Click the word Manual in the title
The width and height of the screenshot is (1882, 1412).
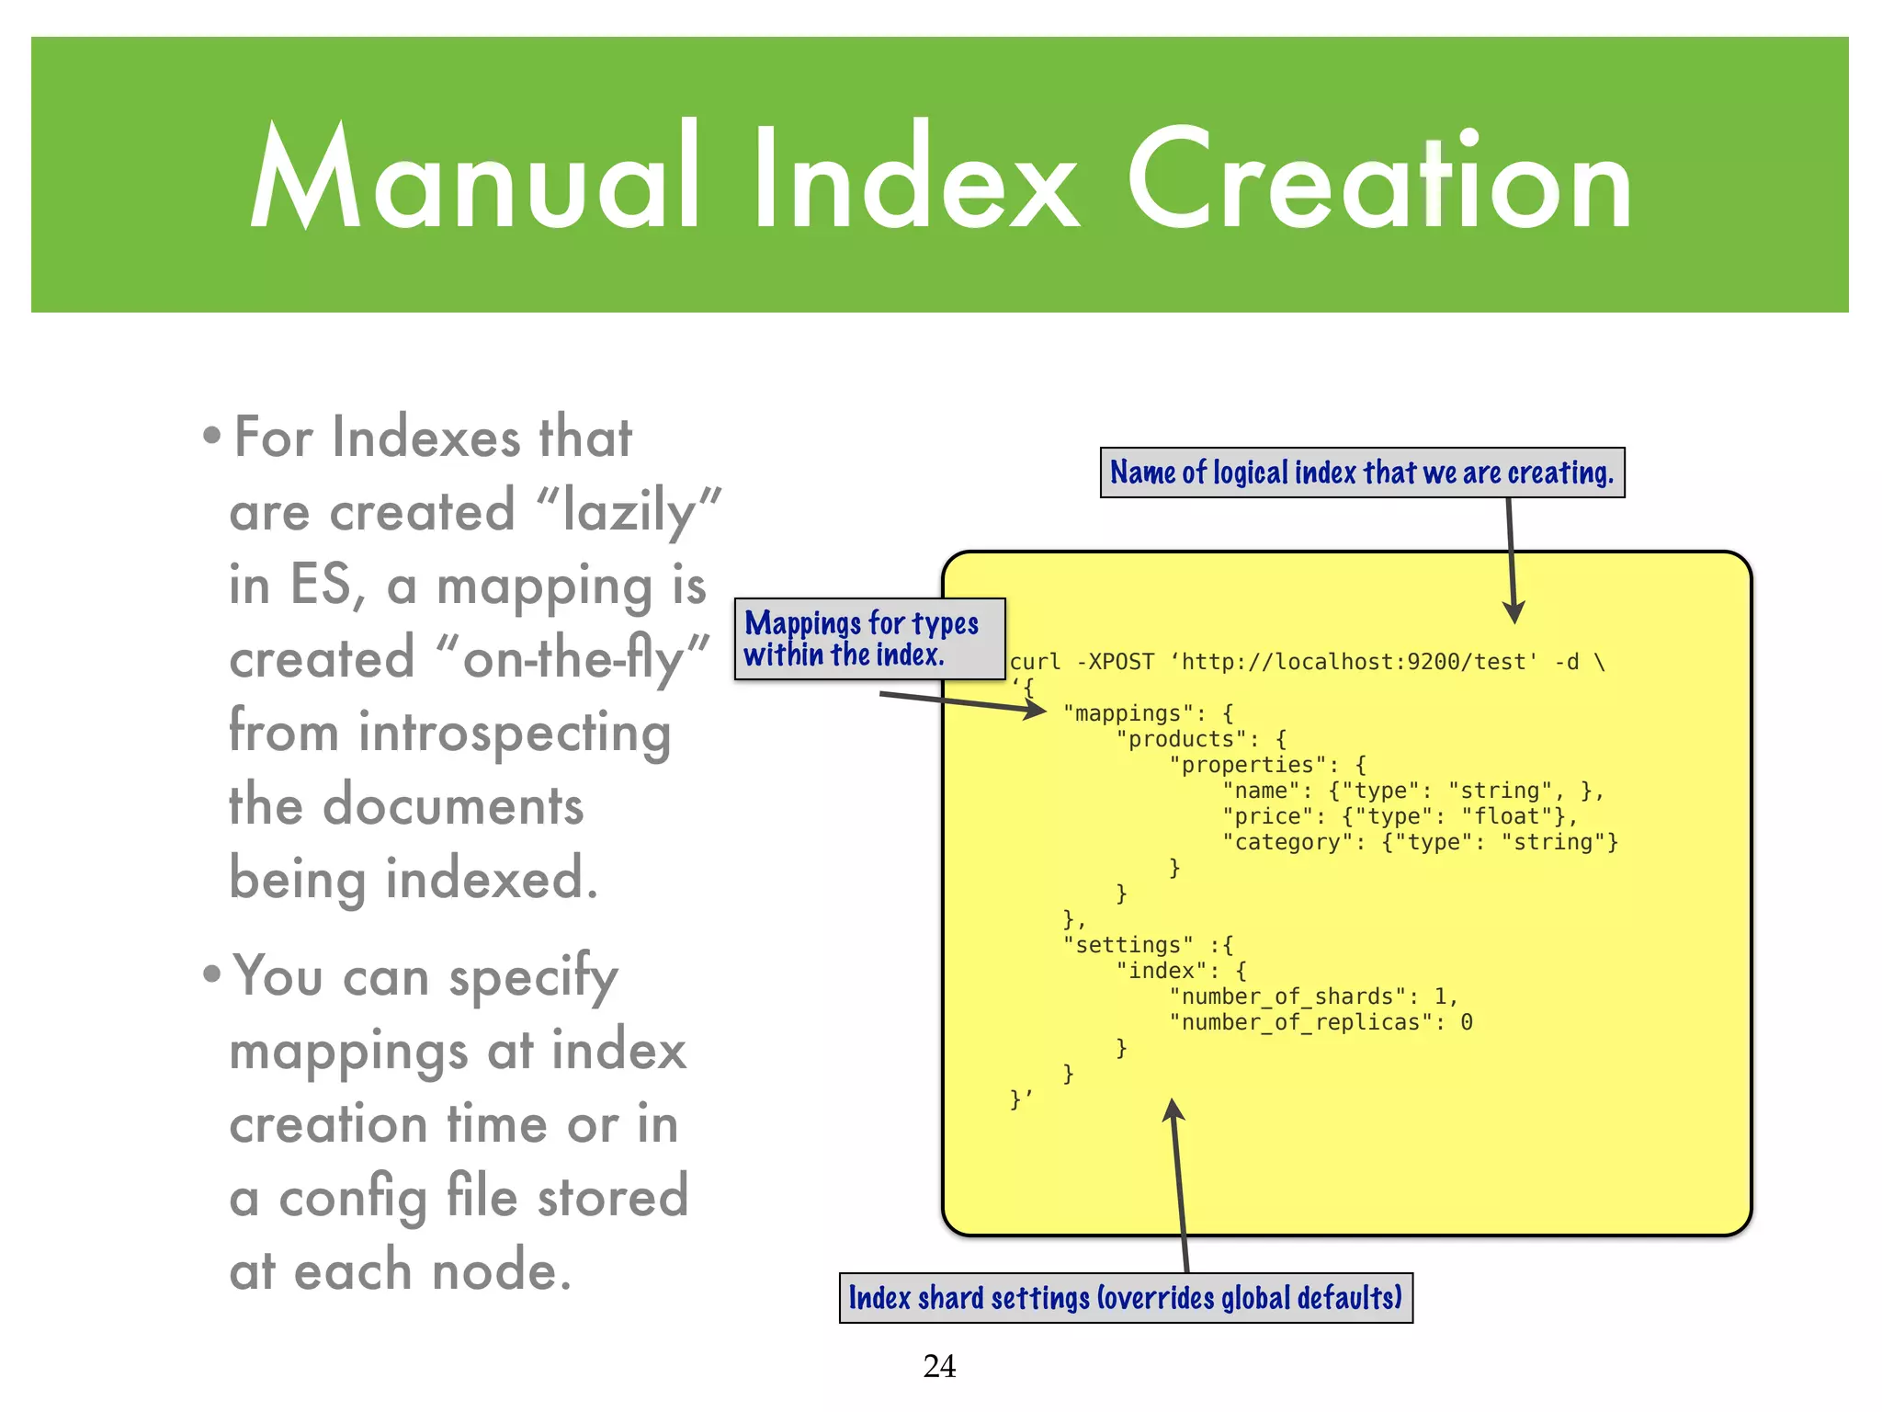(x=475, y=176)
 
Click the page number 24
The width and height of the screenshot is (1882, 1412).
(x=939, y=1366)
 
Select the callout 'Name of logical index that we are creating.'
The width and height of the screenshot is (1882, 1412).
(x=1362, y=473)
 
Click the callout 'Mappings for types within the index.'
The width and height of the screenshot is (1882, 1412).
(x=868, y=639)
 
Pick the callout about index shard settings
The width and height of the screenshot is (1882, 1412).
(x=1126, y=1298)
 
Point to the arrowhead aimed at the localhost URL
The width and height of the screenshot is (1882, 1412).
(x=1514, y=612)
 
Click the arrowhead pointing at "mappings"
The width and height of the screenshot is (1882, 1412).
(x=1036, y=710)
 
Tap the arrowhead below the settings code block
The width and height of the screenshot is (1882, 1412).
(x=1173, y=1111)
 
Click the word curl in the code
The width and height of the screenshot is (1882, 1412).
(x=1035, y=662)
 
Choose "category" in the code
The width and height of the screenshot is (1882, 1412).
(x=1287, y=842)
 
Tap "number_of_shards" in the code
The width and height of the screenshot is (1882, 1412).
(x=1287, y=996)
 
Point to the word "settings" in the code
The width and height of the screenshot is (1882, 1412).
(x=1128, y=945)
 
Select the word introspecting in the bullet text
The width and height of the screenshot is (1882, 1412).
(x=515, y=734)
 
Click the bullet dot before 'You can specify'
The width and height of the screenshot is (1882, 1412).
(x=212, y=974)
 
